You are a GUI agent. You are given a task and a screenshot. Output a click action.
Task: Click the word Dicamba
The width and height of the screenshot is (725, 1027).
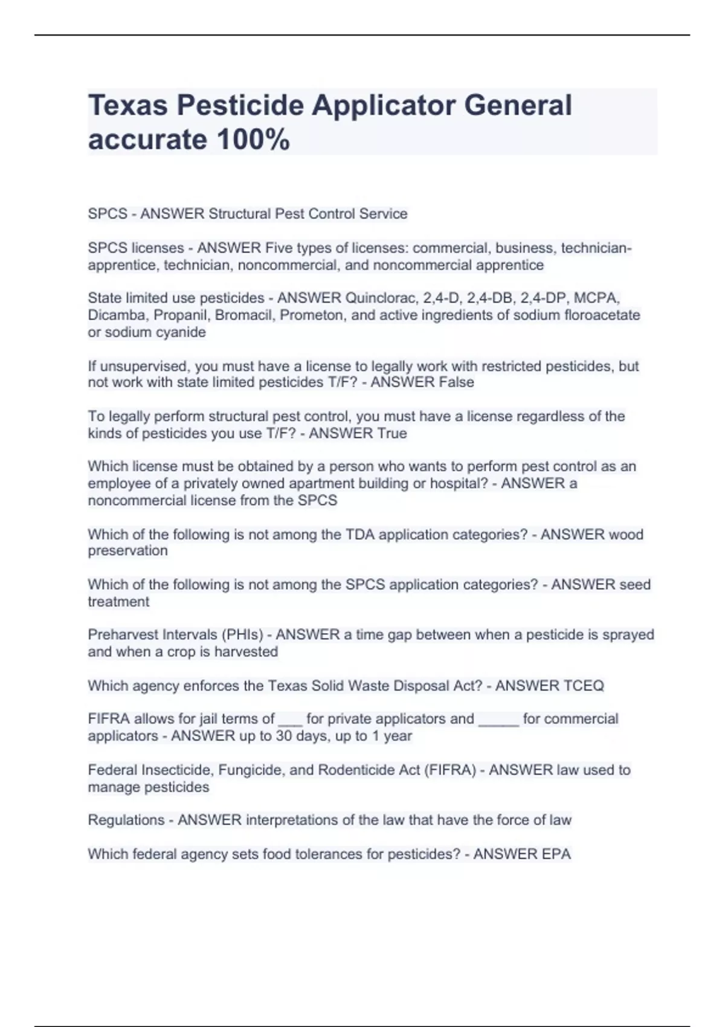click(x=118, y=315)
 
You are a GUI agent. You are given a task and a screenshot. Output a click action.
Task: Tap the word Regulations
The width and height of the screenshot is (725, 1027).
click(x=126, y=820)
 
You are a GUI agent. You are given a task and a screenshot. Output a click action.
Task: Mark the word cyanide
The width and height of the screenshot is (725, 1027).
click(x=181, y=332)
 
